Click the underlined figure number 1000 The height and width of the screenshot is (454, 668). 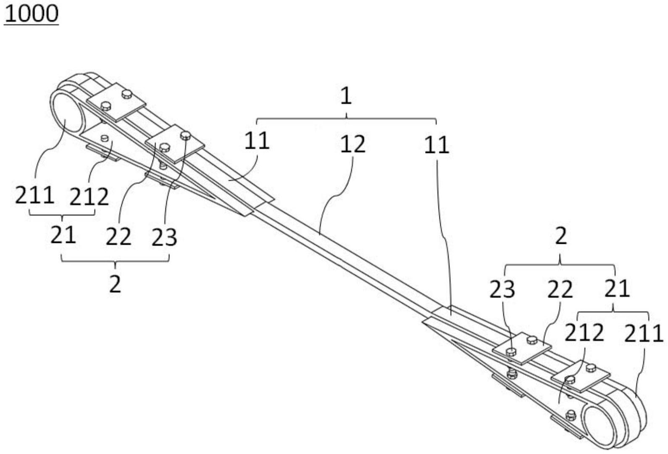pyautogui.click(x=32, y=14)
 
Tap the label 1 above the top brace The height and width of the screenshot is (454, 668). pyautogui.click(x=346, y=96)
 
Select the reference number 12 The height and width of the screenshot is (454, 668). pyautogui.click(x=353, y=144)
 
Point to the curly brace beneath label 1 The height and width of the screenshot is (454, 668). pyautogui.click(x=347, y=119)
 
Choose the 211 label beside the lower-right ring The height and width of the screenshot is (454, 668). pyautogui.click(x=644, y=333)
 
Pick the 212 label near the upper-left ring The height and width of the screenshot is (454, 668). pyautogui.click(x=89, y=197)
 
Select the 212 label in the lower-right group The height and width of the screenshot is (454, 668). pyautogui.click(x=584, y=333)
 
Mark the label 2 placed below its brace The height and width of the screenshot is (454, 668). pyautogui.click(x=115, y=284)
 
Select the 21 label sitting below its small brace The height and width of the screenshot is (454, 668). pyautogui.click(x=63, y=235)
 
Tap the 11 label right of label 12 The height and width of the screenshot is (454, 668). pyautogui.click(x=437, y=145)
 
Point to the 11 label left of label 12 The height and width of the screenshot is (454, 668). pyautogui.click(x=257, y=141)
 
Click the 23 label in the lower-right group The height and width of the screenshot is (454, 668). pyautogui.click(x=502, y=289)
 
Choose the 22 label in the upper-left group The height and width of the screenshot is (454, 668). pyautogui.click(x=118, y=237)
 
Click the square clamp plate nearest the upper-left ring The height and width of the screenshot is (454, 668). pyautogui.click(x=116, y=102)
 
